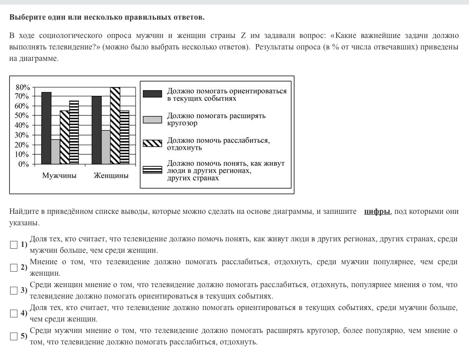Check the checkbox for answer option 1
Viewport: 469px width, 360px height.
tap(14, 245)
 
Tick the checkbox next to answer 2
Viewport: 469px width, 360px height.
tap(14, 267)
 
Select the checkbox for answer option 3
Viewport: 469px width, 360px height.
tap(14, 290)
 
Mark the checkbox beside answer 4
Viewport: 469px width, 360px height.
tap(14, 313)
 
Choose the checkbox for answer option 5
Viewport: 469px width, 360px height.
tap(14, 336)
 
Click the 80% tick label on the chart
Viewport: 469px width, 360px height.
tap(22, 87)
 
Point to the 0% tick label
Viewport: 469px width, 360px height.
tap(24, 164)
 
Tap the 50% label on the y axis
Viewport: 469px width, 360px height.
tap(22, 116)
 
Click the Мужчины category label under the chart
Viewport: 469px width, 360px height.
tap(60, 175)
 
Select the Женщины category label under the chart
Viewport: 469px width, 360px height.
tap(111, 175)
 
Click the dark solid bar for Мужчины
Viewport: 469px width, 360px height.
tap(46, 128)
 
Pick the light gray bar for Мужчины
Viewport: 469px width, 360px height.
tap(55, 152)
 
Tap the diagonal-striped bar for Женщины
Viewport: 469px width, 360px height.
tap(115, 125)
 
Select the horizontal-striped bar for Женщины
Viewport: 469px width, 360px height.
tap(125, 137)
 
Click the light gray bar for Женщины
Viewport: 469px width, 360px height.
tap(106, 147)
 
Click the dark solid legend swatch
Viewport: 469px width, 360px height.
tap(153, 94)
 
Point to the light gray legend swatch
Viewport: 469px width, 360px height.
tap(153, 120)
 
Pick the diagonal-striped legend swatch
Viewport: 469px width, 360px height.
tap(153, 143)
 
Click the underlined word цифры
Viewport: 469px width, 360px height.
tap(377, 212)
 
